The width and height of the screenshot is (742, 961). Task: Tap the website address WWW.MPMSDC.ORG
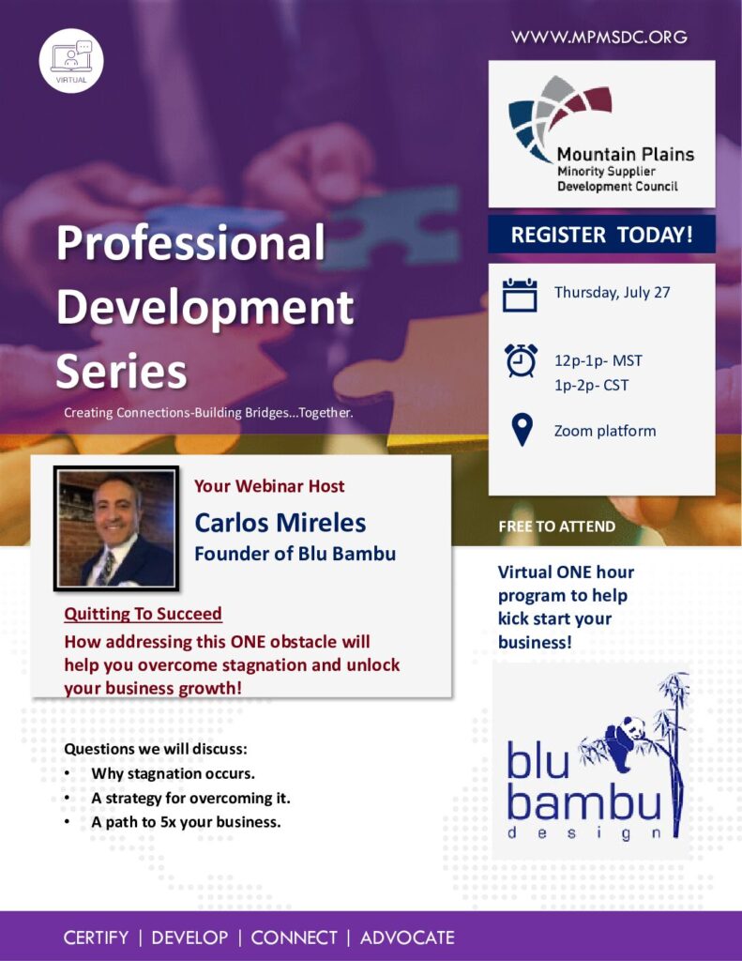pyautogui.click(x=599, y=37)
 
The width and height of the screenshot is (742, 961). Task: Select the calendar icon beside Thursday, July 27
pyautogui.click(x=520, y=295)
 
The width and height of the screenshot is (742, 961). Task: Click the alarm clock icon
pyautogui.click(x=521, y=360)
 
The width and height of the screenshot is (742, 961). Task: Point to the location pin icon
pyautogui.click(x=522, y=430)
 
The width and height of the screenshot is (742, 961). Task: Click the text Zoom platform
pyautogui.click(x=605, y=431)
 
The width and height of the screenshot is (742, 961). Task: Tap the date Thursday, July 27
pyautogui.click(x=613, y=293)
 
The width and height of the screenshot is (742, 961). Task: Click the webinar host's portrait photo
pyautogui.click(x=116, y=528)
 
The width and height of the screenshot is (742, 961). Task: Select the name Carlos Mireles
pyautogui.click(x=280, y=523)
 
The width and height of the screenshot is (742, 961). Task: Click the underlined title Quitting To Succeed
pyautogui.click(x=143, y=614)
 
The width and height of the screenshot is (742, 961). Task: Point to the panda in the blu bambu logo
pyautogui.click(x=623, y=742)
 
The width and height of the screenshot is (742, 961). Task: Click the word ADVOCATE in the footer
pyautogui.click(x=407, y=938)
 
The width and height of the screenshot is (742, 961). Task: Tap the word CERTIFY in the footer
pyautogui.click(x=97, y=938)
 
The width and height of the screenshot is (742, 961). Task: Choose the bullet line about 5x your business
pyautogui.click(x=186, y=822)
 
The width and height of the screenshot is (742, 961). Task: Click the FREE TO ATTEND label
pyautogui.click(x=557, y=526)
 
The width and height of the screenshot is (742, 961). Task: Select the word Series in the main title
pyautogui.click(x=121, y=372)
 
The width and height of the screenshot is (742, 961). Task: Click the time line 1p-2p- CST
pyautogui.click(x=591, y=386)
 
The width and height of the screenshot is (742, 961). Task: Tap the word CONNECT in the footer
pyautogui.click(x=295, y=938)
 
